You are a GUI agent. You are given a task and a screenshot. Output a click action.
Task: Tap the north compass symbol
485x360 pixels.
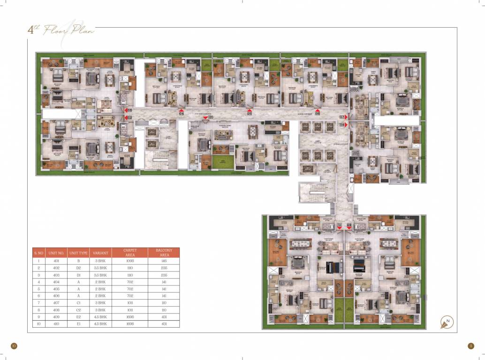pyautogui.click(x=447, y=322)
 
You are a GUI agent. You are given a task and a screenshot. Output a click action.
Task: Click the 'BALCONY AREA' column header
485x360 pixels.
pyautogui.click(x=163, y=253)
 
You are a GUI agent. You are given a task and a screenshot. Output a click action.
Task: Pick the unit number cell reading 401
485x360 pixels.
pyautogui.click(x=56, y=260)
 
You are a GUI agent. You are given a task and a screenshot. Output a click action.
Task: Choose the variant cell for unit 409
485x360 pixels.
pyautogui.click(x=101, y=317)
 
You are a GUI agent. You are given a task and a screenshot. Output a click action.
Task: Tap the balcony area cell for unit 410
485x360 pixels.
pyautogui.click(x=163, y=324)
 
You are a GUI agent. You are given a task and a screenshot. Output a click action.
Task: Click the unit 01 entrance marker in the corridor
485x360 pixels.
pyautogui.click(x=211, y=117)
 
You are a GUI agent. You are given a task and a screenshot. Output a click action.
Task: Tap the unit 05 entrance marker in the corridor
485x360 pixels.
pyautogui.click(x=249, y=113)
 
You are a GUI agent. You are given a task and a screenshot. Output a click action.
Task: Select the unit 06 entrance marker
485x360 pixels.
pyautogui.click(x=318, y=113)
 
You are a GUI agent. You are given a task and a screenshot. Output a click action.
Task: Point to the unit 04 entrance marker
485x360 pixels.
pyautogui.click(x=181, y=113)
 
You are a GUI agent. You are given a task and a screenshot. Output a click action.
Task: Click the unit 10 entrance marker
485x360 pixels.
pyautogui.click(x=340, y=225)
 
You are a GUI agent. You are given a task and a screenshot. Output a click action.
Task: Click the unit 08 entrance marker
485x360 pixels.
pyautogui.click(x=342, y=125)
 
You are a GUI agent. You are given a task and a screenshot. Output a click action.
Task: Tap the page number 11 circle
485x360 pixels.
pyautogui.click(x=471, y=346)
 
